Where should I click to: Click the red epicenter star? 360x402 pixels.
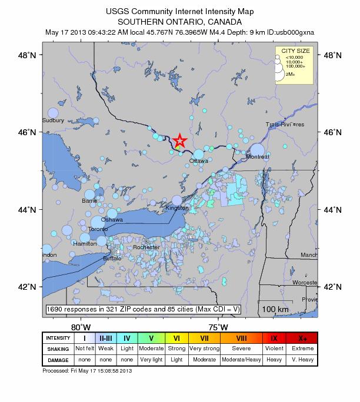(x=179, y=141)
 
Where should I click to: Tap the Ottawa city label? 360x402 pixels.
(x=198, y=160)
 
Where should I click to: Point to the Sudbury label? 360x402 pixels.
(x=53, y=120)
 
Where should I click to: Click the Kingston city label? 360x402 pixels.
(x=177, y=208)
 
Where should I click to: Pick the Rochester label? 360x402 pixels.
(x=146, y=247)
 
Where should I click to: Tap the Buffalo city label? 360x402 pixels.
(x=112, y=258)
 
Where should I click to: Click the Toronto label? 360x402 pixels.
(x=98, y=229)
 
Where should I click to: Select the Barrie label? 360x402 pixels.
(x=89, y=200)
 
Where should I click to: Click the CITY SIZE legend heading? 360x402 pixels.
(x=294, y=51)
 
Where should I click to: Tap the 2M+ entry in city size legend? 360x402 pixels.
(x=290, y=75)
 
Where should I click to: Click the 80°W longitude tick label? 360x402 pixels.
(x=81, y=327)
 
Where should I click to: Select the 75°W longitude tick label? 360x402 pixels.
(x=218, y=327)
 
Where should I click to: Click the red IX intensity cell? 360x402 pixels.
(x=274, y=339)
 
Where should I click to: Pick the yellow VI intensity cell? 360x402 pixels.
(x=176, y=339)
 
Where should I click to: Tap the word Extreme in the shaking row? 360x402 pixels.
(x=303, y=349)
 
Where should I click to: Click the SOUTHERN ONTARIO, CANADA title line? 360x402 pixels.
(x=180, y=21)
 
